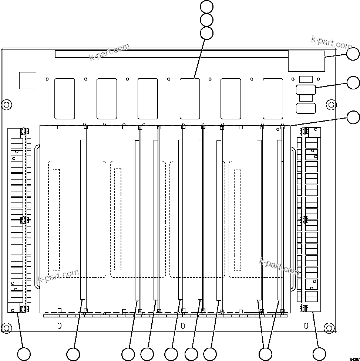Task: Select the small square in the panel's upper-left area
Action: pos(28,81)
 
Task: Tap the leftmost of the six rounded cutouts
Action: pos(64,99)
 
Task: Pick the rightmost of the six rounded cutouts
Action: pos(273,99)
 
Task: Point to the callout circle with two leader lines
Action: pos(265,354)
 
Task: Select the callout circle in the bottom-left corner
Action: pos(24,354)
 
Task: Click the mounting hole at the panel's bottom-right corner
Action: pos(329,328)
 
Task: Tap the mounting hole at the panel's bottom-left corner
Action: pos(7,328)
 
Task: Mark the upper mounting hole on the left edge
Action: pos(7,104)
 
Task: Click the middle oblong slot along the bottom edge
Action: pos(183,326)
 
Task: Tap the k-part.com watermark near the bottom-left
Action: pos(58,276)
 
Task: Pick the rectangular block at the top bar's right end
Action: pos(306,61)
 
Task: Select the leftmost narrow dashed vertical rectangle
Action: pos(56,219)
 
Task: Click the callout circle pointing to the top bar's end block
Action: pos(353,54)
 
